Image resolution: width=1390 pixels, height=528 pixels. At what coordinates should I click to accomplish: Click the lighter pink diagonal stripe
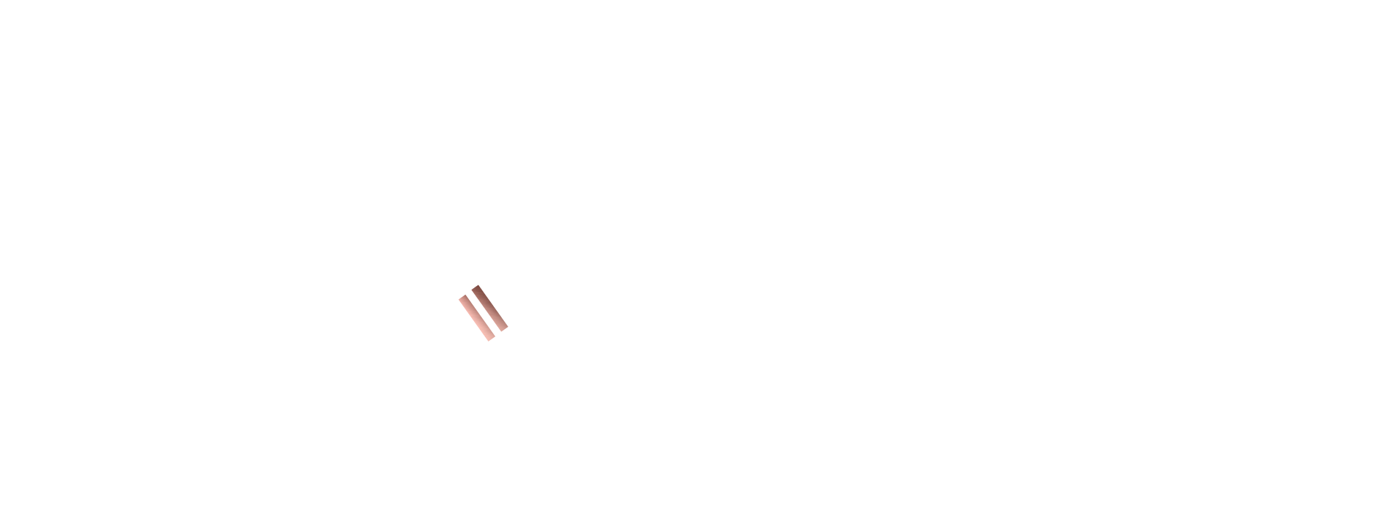coord(476,317)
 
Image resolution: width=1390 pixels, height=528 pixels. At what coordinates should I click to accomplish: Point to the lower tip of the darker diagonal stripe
coord(503,327)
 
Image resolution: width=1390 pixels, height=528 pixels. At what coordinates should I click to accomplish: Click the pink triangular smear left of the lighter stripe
coord(464,316)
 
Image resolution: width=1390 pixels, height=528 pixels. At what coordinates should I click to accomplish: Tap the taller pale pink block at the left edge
coord(66,358)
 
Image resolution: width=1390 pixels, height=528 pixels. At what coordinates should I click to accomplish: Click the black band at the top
coord(695,66)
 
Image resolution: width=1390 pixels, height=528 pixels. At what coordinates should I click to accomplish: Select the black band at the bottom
coord(695,461)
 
